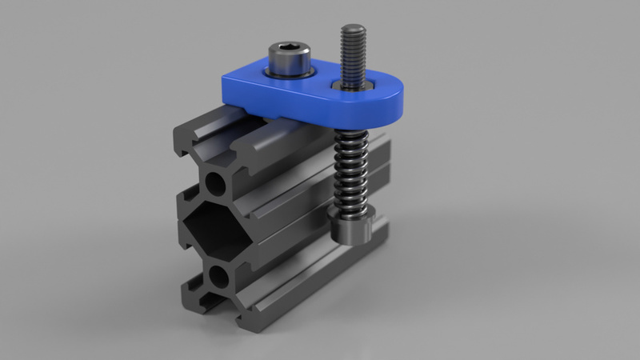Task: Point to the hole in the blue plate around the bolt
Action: pos(352,83)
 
